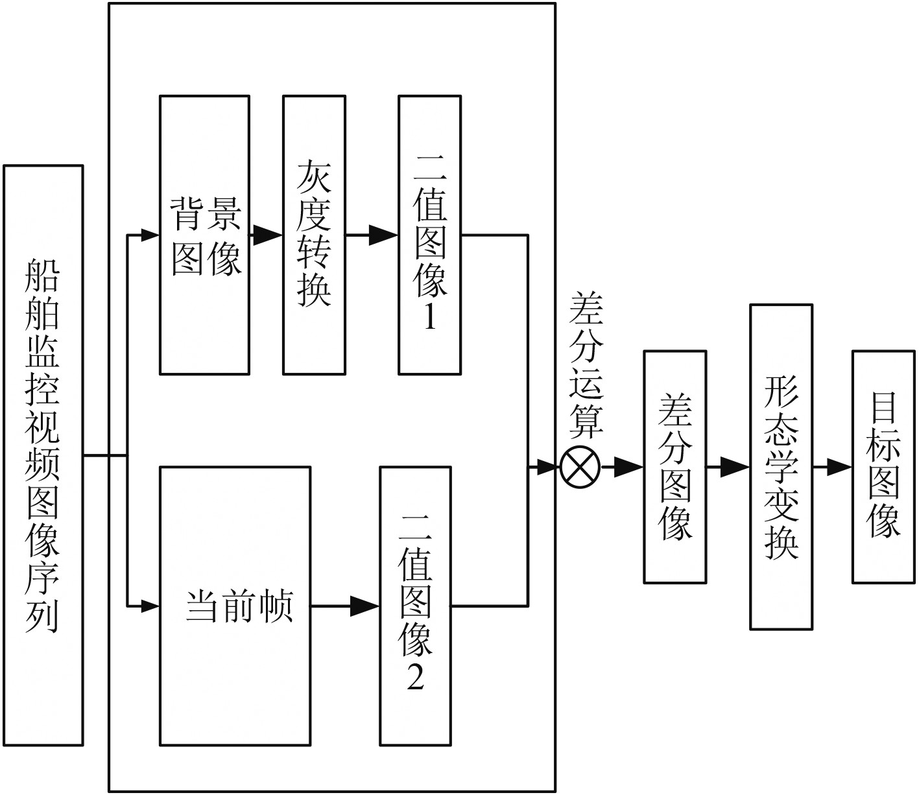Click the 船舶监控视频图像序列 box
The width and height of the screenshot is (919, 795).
click(x=43, y=455)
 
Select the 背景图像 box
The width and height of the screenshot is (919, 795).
click(x=204, y=235)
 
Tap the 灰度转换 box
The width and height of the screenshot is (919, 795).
click(x=314, y=235)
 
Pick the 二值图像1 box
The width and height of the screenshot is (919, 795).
click(x=429, y=235)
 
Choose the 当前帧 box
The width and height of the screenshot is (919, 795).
click(x=235, y=606)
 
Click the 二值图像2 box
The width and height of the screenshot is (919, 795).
click(x=415, y=606)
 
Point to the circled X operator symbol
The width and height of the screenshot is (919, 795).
click(x=580, y=467)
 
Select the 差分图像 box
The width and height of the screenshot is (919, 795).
click(x=674, y=467)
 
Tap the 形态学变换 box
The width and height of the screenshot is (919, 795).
click(x=781, y=467)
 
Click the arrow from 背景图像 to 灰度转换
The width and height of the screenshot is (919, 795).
click(x=266, y=235)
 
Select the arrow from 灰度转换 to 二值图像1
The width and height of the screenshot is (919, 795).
click(x=372, y=235)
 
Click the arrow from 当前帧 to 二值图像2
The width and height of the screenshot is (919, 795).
click(x=345, y=606)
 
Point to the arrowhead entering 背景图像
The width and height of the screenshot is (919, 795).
click(x=150, y=235)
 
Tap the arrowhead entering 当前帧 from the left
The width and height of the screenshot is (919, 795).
click(x=150, y=606)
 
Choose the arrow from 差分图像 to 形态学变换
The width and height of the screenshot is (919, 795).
click(x=728, y=467)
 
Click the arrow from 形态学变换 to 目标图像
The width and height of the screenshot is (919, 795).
click(x=832, y=467)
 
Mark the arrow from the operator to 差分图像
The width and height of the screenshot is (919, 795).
click(x=622, y=467)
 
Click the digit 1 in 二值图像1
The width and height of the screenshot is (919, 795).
click(x=429, y=318)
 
